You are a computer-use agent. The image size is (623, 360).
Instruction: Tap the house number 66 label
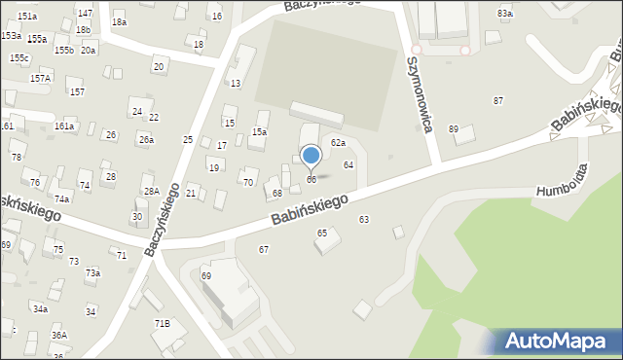311,180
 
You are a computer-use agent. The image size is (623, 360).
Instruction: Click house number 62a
338,143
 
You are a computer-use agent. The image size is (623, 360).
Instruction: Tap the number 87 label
498,101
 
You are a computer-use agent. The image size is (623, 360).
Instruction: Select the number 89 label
454,129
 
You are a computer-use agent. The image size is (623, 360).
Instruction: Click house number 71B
162,323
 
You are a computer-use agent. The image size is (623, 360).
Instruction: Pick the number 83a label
504,14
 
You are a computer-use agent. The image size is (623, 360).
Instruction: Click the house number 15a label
260,131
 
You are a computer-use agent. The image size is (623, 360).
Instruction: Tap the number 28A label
151,192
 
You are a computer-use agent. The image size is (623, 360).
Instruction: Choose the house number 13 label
236,84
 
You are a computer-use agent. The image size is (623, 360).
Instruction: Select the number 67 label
264,250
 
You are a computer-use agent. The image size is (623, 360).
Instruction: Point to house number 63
364,220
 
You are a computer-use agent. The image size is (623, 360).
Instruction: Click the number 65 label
322,234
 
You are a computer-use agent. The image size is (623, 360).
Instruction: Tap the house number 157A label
40,78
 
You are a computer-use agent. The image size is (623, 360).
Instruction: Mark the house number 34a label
40,309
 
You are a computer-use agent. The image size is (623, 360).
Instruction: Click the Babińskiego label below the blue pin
310,207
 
